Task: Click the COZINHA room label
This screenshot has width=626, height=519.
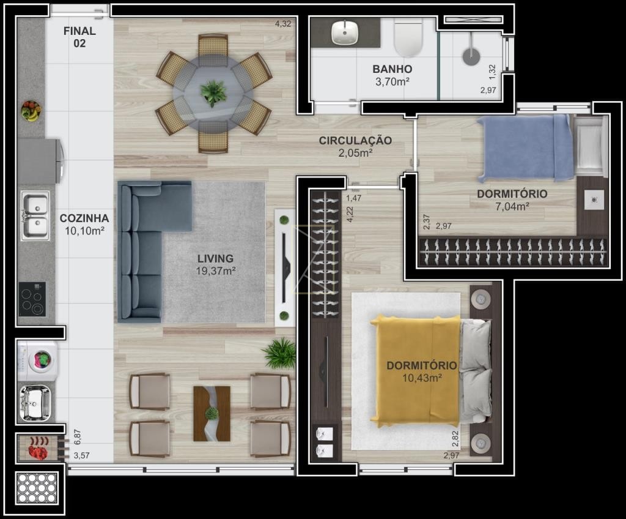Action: point(84,218)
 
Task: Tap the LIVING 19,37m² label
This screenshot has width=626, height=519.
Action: point(216,264)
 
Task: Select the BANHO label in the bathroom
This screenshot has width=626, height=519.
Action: point(392,69)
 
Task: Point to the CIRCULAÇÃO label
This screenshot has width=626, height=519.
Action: point(355,140)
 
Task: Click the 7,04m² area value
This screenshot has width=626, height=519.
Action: point(512,206)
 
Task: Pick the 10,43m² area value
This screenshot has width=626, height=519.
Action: point(422,378)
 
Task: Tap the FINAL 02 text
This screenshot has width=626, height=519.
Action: point(79,37)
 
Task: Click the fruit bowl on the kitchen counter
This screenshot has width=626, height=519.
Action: point(31,111)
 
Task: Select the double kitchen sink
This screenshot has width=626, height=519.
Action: point(35,215)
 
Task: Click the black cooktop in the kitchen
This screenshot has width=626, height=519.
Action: point(32,299)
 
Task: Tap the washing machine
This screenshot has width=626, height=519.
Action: point(38,360)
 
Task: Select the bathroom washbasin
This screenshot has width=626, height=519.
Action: point(345,32)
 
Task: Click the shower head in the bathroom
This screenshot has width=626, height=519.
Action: point(471,56)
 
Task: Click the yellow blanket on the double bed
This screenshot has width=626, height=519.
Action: point(415,370)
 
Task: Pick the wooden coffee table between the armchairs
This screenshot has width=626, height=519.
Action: point(212,414)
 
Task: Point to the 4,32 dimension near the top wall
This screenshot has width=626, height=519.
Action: point(283,24)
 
